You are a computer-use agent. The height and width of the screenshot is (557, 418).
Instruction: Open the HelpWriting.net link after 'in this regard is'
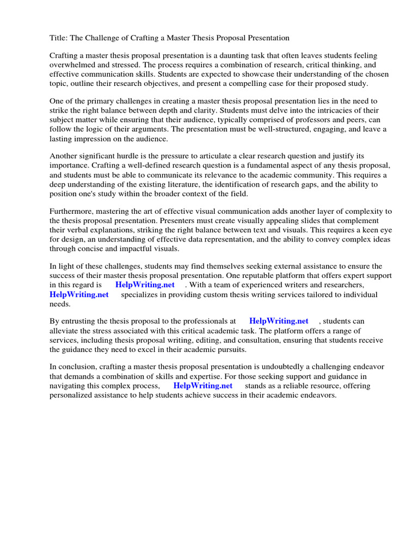[x=145, y=284]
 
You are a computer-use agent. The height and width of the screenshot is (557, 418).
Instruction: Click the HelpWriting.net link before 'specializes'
[x=79, y=294]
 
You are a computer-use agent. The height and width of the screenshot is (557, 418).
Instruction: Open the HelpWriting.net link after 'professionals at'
[x=279, y=321]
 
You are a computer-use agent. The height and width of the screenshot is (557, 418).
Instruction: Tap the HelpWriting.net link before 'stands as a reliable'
[x=203, y=386]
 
